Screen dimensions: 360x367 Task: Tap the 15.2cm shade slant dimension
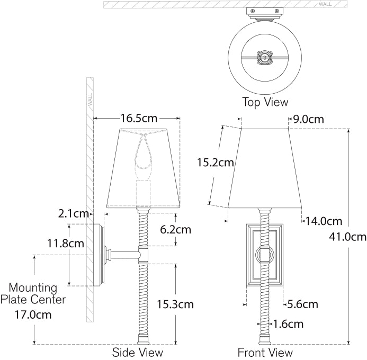pos(215,163)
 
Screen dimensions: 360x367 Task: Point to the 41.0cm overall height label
pos(347,237)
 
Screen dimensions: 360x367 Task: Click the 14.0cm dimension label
pos(324,221)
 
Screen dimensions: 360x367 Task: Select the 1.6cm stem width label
pos(289,323)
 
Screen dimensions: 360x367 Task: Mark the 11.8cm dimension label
pos(66,244)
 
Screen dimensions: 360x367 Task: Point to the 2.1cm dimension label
pos(74,214)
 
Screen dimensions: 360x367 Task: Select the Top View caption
pos(265,102)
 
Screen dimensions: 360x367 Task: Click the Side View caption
pos(138,352)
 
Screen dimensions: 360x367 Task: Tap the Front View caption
pos(265,352)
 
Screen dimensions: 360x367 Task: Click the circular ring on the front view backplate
pos(264,255)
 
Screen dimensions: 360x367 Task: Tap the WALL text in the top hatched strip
pos(325,4)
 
